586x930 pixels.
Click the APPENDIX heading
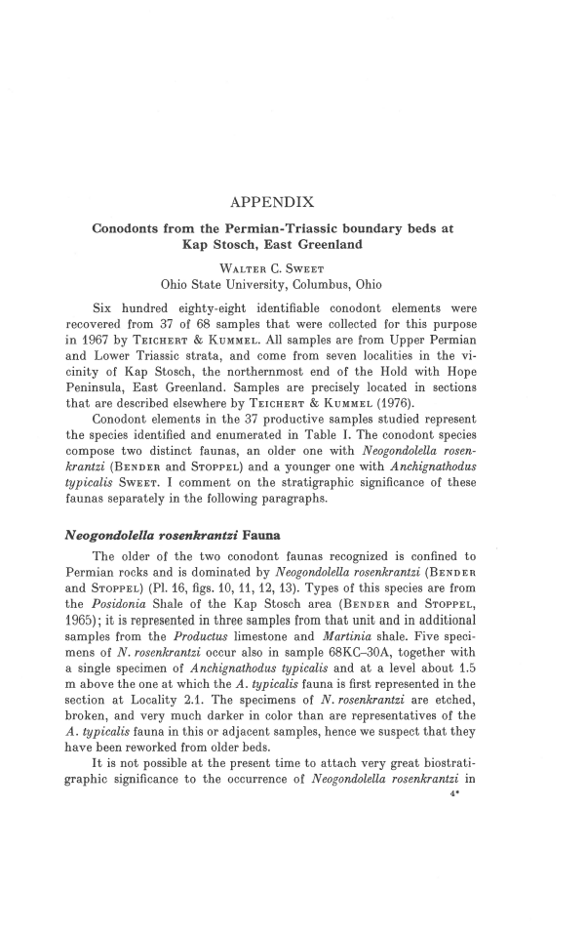(x=271, y=203)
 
